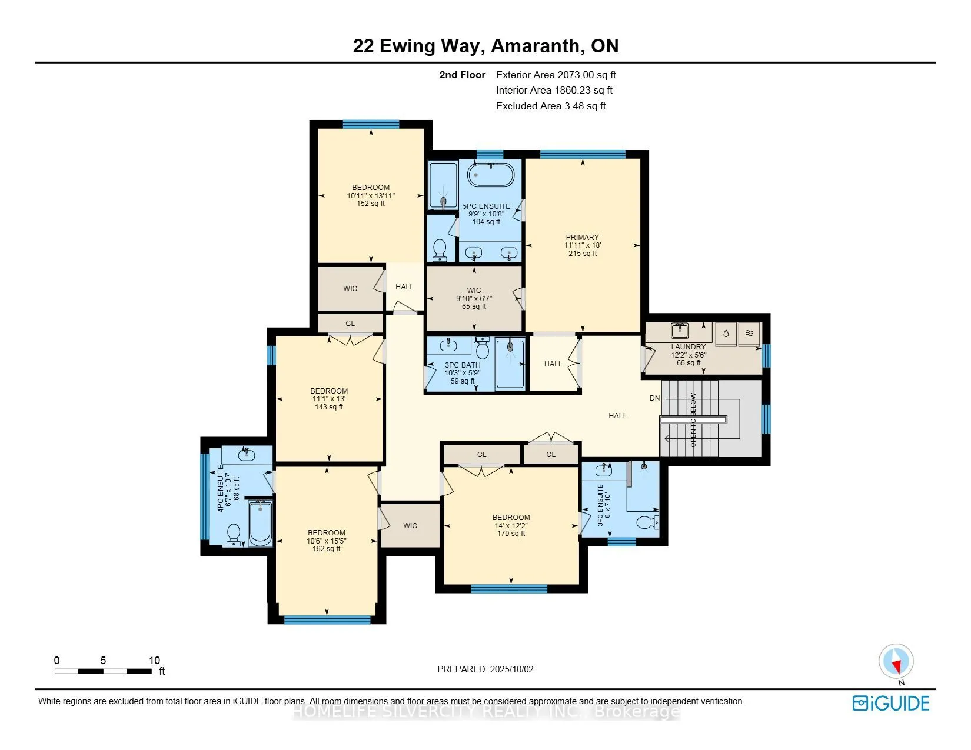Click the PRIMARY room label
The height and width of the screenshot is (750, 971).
(x=582, y=237)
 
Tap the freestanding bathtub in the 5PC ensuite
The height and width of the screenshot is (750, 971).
(x=491, y=175)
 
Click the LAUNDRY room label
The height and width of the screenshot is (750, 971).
(x=688, y=346)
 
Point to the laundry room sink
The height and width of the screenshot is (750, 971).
(x=680, y=331)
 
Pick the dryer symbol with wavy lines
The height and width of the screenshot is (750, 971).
(x=749, y=333)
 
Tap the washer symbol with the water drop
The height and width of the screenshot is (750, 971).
(x=726, y=333)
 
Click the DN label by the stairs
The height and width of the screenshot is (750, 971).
(x=654, y=398)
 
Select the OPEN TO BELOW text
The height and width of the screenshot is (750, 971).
(x=693, y=420)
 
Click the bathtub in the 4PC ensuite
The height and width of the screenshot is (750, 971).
(x=260, y=522)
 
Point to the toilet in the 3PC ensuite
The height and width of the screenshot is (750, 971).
(x=647, y=522)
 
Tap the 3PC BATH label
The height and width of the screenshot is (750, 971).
(x=463, y=365)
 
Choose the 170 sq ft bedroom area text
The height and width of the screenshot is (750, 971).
(x=511, y=534)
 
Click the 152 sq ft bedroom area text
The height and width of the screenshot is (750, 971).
(x=370, y=204)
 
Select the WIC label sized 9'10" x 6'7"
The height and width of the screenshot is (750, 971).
(x=474, y=291)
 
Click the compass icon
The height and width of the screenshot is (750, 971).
(x=896, y=662)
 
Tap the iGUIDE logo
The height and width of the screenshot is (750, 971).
(x=891, y=704)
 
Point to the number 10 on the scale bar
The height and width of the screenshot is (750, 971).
(x=154, y=660)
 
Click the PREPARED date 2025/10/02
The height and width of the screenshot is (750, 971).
(x=511, y=669)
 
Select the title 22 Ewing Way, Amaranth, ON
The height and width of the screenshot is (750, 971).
(x=485, y=46)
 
